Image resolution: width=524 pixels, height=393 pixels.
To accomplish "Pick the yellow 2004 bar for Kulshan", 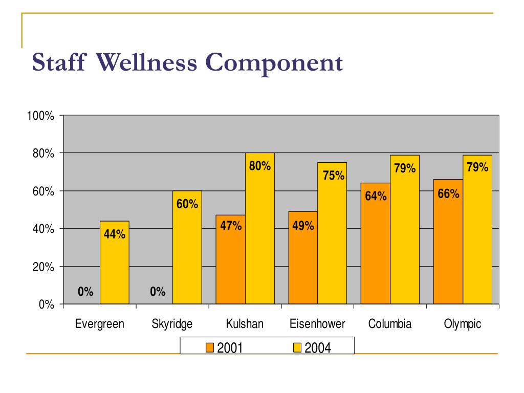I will pos(260,235).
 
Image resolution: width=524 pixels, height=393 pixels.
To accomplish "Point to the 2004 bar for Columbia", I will pos(405,235).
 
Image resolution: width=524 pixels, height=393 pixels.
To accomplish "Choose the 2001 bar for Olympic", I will pos(448,246).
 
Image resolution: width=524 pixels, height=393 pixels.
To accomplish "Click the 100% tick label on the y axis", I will pos(41,116).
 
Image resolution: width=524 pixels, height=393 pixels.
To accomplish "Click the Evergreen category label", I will pos(100,324).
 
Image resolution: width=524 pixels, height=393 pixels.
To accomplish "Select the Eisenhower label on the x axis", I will pos(317,324).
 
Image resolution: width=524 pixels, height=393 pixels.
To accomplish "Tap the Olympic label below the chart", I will pos(463,324).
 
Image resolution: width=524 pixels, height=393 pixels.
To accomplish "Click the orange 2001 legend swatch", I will pos(209,348).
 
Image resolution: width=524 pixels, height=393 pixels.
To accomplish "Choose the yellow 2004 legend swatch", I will pos(296,348).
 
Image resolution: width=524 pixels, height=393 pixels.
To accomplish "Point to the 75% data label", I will pos(334,176).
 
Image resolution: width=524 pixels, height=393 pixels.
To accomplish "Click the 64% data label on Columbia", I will pos(376,196).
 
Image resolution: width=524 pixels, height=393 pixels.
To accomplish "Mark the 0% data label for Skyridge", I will pos(158,292).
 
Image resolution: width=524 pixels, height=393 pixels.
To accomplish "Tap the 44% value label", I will pos(114,234).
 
